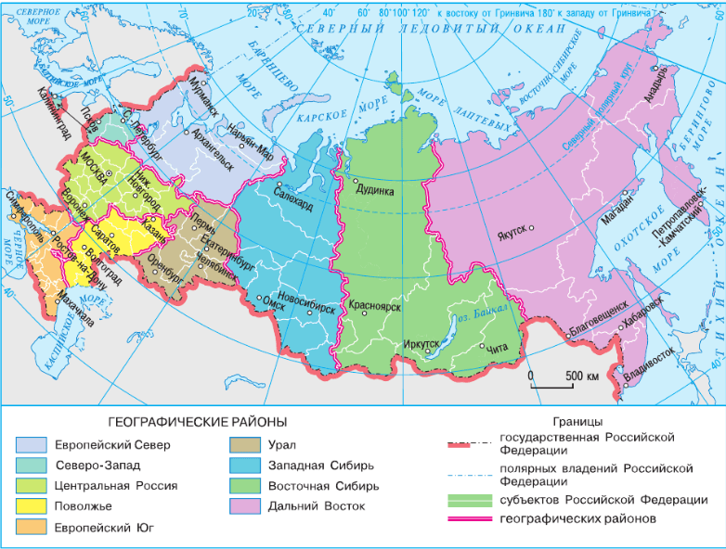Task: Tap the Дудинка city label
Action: [x=373, y=192]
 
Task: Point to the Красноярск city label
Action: [x=375, y=305]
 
